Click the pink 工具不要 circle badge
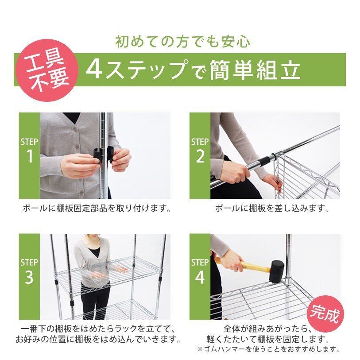[x=47, y=70]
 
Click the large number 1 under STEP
[x=30, y=156]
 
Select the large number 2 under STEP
[x=200, y=156]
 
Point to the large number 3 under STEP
[x=29, y=277]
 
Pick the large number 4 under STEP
[x=200, y=277]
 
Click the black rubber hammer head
[x=277, y=272]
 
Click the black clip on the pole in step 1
[x=103, y=155]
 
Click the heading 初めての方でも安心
[x=182, y=42]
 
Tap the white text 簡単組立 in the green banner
[x=255, y=70]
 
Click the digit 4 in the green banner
[x=95, y=70]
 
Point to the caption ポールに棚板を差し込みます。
[x=272, y=208]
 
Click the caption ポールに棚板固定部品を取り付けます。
[x=97, y=208]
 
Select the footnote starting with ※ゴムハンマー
[x=268, y=349]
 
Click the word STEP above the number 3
[x=29, y=263]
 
